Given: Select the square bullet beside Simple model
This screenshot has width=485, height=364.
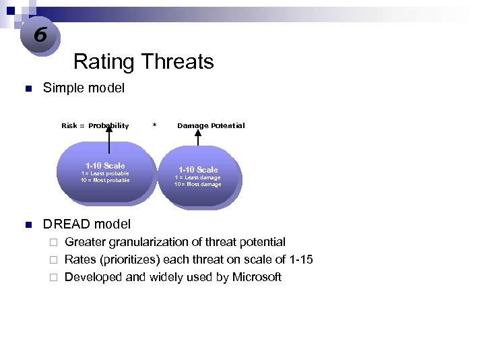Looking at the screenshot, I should pos(27,89).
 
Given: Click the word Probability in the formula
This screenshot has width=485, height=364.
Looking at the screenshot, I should pos(108,125).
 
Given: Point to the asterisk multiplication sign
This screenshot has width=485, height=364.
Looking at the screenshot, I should pos(154,125).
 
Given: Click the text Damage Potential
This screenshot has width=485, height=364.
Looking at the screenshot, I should pos(211,125).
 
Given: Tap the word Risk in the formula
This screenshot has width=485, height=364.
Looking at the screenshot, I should pos(69,125).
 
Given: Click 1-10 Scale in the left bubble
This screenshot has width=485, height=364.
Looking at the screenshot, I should pos(105,165).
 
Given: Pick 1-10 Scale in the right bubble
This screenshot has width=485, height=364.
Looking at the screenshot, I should pos(198,169).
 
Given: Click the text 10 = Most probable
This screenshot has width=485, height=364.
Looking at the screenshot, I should pos(105,180).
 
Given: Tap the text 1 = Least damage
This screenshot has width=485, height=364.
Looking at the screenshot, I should pos(197,177).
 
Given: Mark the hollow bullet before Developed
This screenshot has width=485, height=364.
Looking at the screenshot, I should pos(54,278).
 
